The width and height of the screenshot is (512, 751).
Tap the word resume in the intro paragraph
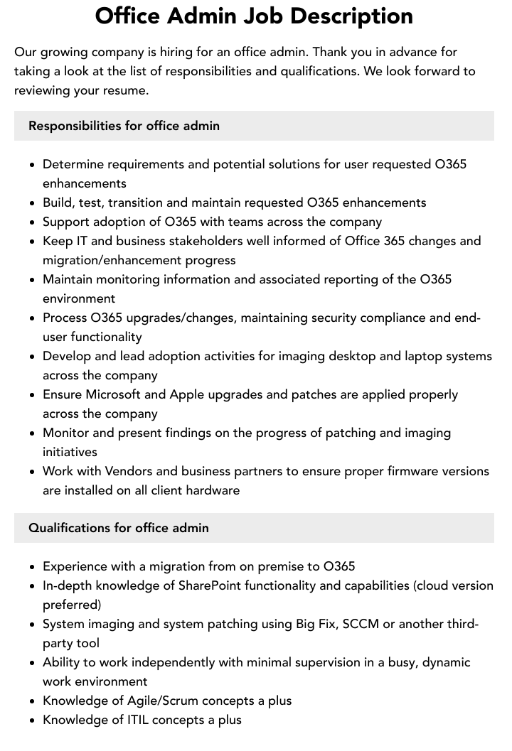(x=127, y=90)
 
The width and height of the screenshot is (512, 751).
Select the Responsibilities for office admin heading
(x=124, y=126)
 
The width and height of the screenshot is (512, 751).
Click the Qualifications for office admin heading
(x=118, y=528)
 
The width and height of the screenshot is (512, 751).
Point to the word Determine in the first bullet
(x=73, y=164)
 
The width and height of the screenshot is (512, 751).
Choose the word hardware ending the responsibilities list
(x=213, y=490)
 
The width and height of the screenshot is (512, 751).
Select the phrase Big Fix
(x=315, y=624)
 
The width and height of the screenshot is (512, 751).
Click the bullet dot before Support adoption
(x=33, y=222)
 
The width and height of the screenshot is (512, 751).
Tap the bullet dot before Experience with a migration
(x=33, y=567)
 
